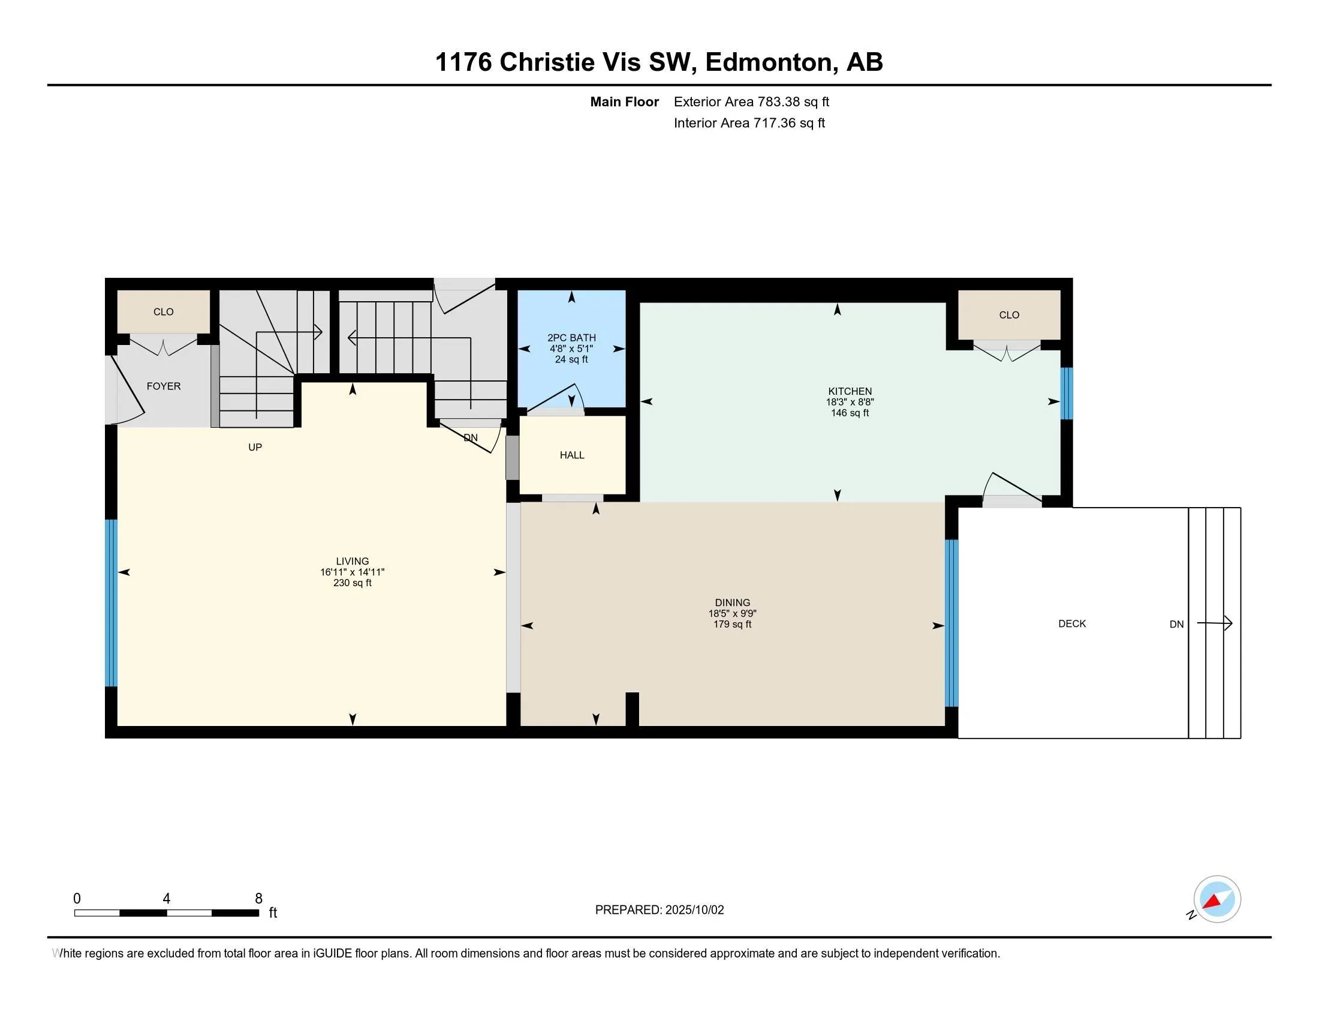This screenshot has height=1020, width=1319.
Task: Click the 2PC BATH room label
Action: point(571,338)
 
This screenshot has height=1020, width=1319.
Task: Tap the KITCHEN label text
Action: point(850,391)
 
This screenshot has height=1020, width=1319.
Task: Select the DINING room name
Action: point(732,602)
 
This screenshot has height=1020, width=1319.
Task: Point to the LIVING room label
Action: point(352,562)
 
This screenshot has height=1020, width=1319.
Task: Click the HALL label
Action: point(572,455)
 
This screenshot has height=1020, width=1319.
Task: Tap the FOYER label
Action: point(164,386)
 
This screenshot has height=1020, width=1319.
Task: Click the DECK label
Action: point(1072,623)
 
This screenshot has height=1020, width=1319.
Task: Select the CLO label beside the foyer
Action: point(164,312)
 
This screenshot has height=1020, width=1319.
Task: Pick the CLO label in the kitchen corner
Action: point(1009,315)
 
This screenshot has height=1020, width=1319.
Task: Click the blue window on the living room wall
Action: point(111,603)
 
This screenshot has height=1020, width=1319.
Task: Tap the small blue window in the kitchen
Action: point(1067,394)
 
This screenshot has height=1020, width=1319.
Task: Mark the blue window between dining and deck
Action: point(951,623)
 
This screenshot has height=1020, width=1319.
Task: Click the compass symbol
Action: point(1216,899)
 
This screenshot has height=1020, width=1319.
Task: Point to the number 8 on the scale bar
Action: point(258,899)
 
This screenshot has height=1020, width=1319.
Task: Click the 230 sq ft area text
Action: point(352,583)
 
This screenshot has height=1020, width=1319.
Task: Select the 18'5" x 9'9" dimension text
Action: point(732,613)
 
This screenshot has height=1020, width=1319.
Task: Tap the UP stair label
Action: point(255,447)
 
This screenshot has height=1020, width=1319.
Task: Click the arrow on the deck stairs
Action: point(1215,623)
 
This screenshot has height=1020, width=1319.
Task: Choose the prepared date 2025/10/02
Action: point(694,910)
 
